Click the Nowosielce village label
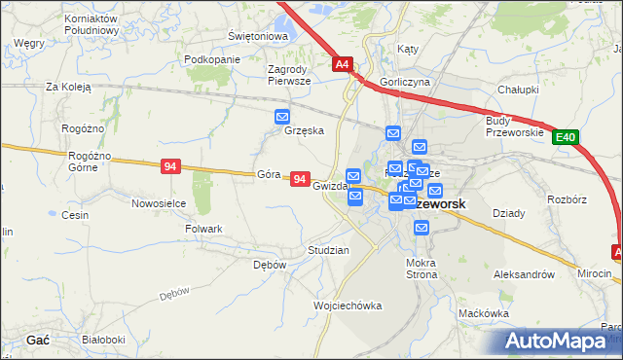point(159,203)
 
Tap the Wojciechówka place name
point(348,306)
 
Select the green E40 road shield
point(567,139)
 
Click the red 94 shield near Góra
point(300,180)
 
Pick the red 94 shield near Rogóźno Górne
point(170,167)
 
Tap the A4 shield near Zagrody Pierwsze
point(342,65)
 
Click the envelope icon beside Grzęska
point(282,118)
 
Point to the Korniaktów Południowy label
point(91,24)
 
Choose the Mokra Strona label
point(422,269)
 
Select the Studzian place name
point(328,250)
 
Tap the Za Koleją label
point(68,87)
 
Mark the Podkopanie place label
point(211,59)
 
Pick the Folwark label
point(203,229)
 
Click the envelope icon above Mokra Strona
point(421,228)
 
